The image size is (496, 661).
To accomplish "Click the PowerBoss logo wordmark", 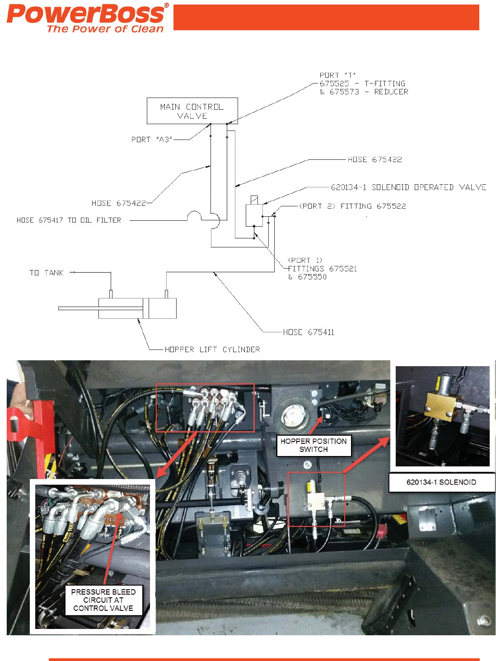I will click(86, 14).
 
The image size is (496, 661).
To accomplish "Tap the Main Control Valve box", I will click(192, 111).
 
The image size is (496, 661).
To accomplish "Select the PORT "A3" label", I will click(152, 140).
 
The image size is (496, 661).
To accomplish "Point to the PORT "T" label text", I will click(337, 75).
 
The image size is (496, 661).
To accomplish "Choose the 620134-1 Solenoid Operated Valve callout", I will click(408, 187).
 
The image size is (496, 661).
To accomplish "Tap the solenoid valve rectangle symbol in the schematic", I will click(254, 215).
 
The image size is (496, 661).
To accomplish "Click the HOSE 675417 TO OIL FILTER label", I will click(69, 220).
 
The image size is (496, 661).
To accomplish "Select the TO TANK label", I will click(47, 273).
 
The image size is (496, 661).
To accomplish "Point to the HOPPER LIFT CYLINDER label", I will click(212, 349).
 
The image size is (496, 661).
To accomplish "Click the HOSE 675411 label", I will click(309, 332).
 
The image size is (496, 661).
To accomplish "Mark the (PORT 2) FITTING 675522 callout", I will click(352, 206).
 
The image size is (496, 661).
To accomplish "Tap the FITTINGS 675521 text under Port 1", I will click(323, 269).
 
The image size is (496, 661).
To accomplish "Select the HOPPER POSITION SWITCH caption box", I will click(314, 445).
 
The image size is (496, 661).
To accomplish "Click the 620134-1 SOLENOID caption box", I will click(441, 482).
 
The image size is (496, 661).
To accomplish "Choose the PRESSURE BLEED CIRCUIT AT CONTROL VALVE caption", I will click(103, 600).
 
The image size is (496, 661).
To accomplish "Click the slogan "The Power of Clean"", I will click(105, 29).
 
